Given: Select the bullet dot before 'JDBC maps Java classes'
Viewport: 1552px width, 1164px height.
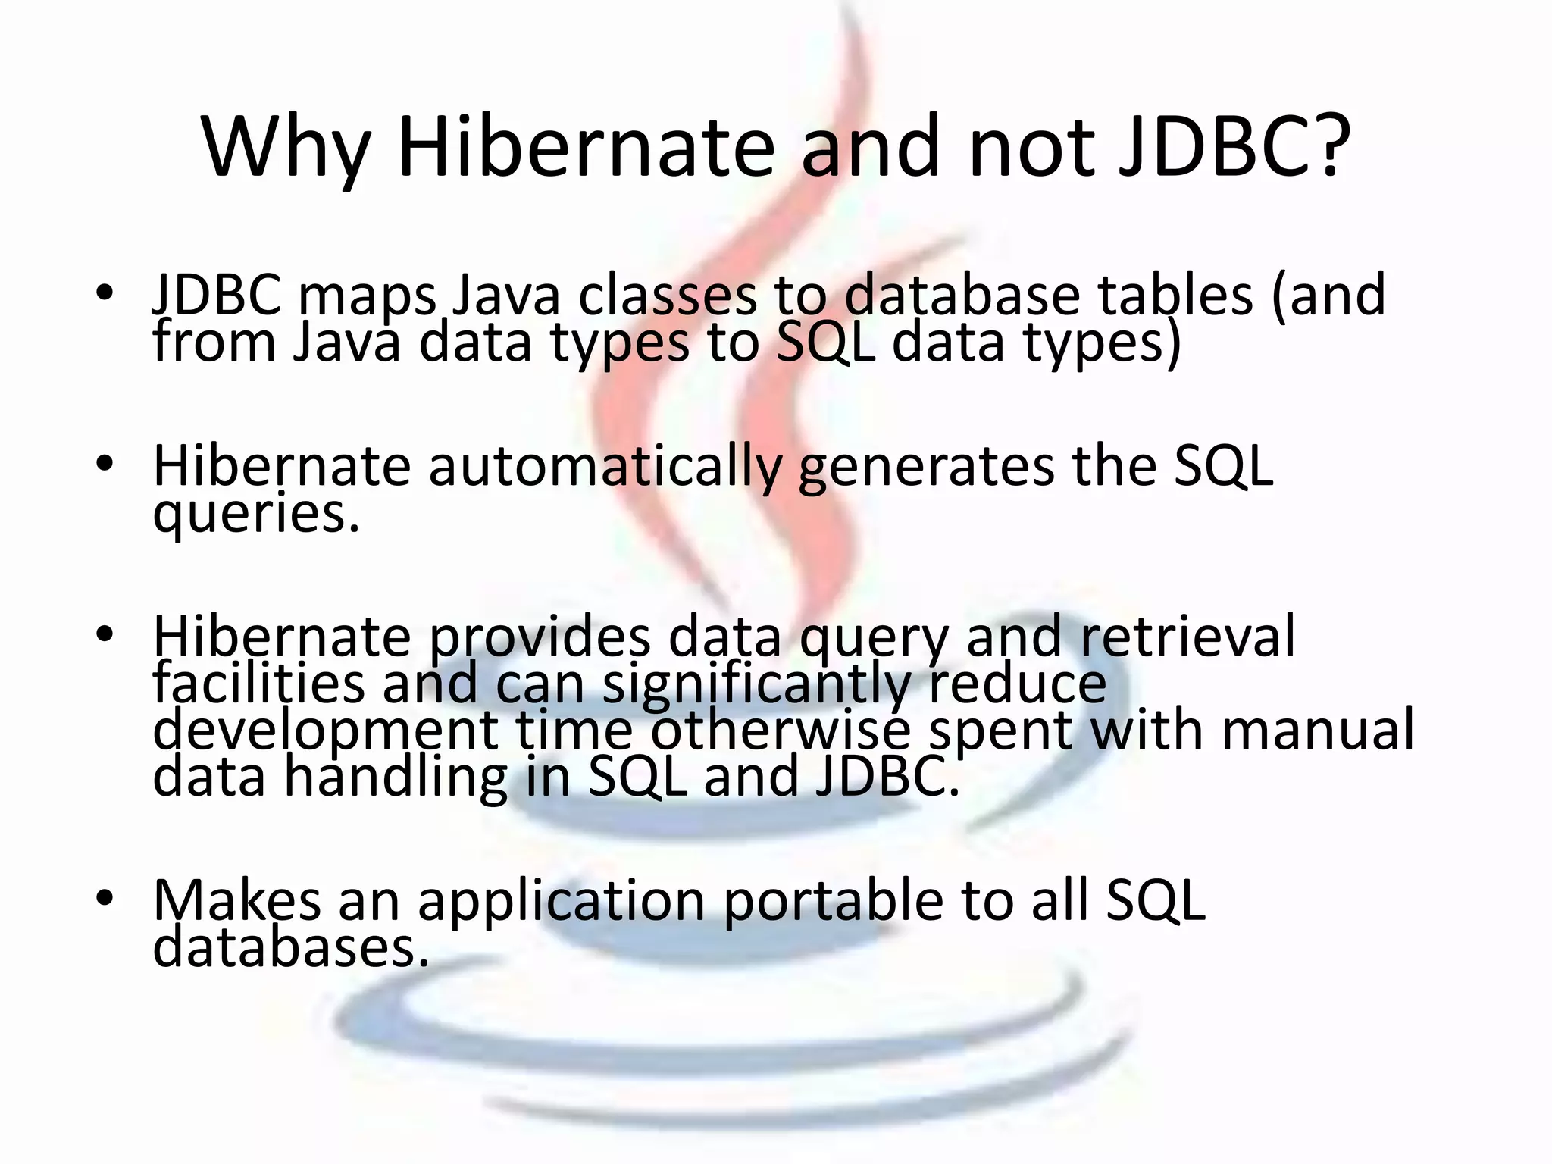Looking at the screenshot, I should tap(105, 293).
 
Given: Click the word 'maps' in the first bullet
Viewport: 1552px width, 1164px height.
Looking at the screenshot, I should tap(368, 297).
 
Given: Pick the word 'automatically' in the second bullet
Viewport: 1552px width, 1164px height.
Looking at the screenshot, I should tap(605, 468).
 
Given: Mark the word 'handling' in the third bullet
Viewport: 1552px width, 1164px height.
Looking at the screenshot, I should tap(395, 778).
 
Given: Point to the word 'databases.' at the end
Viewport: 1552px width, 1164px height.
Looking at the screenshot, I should tap(291, 947).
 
